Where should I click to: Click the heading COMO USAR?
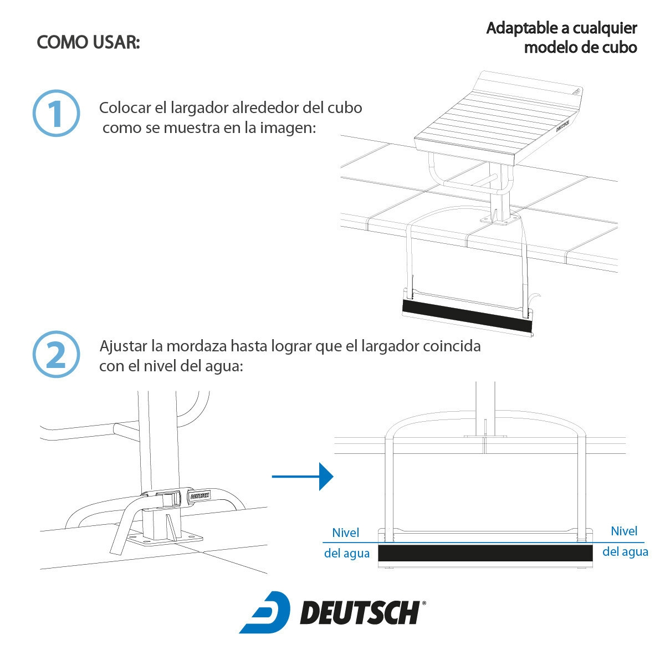[88, 43]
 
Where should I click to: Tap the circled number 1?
[57, 113]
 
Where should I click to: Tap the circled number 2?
[57, 355]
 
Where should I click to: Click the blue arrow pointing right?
[303, 477]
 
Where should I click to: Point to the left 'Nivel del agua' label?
[346, 543]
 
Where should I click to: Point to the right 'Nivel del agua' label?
[625, 541]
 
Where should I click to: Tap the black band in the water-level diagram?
[485, 553]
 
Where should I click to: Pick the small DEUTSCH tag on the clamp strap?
[200, 496]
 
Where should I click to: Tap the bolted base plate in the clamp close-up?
[165, 538]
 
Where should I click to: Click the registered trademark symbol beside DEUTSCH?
[424, 603]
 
